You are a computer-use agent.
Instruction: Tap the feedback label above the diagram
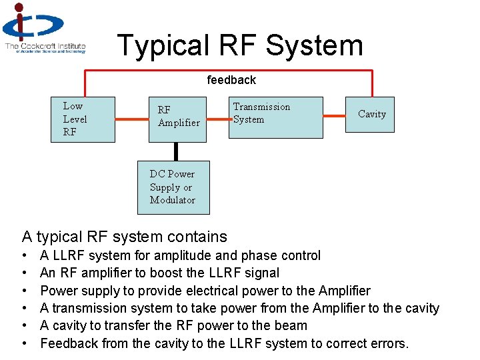[x=231, y=80]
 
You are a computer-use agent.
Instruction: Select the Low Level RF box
[x=83, y=119]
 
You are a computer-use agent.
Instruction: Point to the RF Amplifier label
[x=178, y=116]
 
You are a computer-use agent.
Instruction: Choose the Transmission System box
[x=275, y=117]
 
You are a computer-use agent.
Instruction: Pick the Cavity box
[x=371, y=114]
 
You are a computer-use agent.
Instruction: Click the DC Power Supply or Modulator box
[x=173, y=187]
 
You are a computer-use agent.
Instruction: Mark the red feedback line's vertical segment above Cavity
[x=372, y=83]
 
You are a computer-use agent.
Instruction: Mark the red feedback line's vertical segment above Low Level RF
[x=85, y=83]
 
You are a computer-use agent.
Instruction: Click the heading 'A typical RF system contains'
[x=125, y=237]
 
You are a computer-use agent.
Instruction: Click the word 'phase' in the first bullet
[x=258, y=255]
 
